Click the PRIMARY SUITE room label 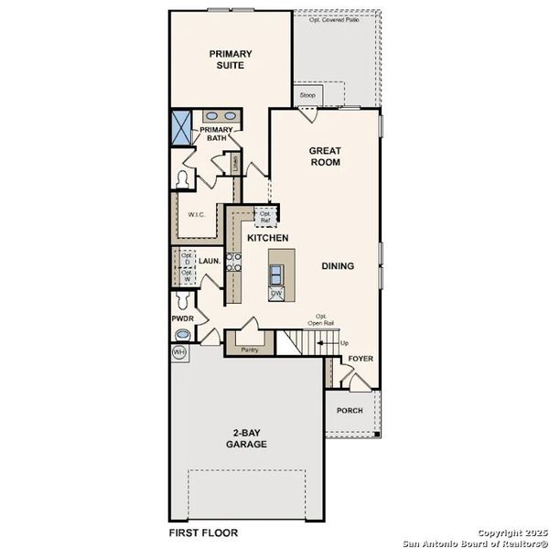pos(230,59)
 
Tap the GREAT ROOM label pos(324,156)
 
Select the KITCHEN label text pos(268,238)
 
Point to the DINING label pos(338,266)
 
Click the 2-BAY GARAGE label pos(247,438)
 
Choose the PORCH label pos(350,410)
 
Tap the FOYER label pos(361,358)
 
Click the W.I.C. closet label pos(196,215)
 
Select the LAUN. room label pos(210,261)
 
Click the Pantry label pos(249,350)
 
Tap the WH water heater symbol pos(178,352)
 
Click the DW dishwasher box pos(275,294)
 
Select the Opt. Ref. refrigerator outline pos(266,217)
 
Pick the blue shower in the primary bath pos(183,127)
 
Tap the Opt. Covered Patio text pos(334,19)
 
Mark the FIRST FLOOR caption pos(203,532)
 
